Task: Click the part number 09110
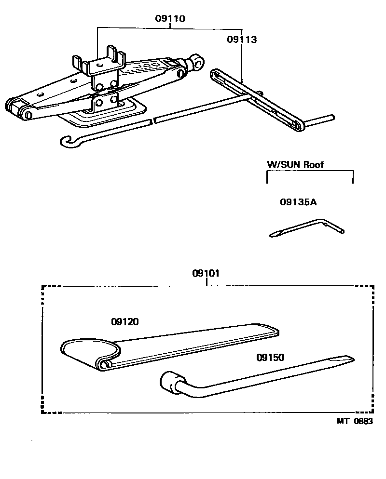170,19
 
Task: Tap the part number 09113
242,40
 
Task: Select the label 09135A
298,202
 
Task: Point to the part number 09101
206,274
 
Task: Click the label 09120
124,322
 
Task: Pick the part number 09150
270,358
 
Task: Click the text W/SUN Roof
295,164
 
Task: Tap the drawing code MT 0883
355,421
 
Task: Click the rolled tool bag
169,347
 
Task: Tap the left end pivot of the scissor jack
18,109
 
